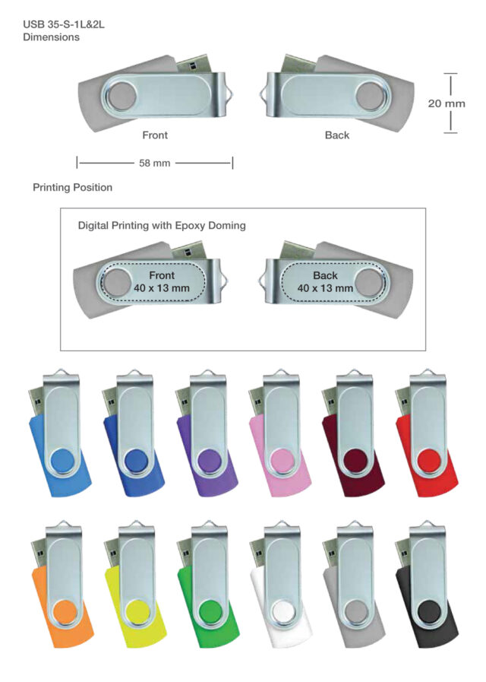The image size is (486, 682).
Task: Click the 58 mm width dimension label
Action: [x=155, y=163]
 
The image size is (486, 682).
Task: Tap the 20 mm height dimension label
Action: [x=447, y=103]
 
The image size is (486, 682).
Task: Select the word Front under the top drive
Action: [x=155, y=135]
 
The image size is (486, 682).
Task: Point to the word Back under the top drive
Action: [x=337, y=135]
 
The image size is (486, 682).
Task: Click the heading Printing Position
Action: [x=72, y=187]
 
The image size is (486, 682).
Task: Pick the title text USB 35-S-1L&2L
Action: [x=63, y=24]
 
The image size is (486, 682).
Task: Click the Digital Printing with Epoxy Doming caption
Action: [x=162, y=226]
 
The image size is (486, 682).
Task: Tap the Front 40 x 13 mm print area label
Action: [x=162, y=281]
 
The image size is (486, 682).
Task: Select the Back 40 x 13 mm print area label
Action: [x=325, y=281]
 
